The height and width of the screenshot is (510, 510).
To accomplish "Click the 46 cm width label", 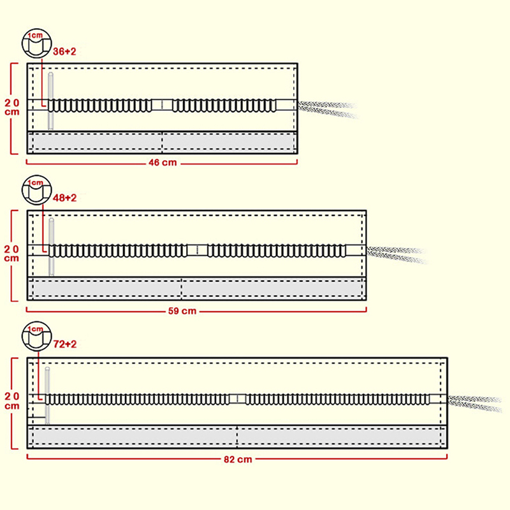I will point(162,163).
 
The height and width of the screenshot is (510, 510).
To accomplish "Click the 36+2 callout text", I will point(63,52).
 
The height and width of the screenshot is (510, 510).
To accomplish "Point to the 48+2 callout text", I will point(63,198).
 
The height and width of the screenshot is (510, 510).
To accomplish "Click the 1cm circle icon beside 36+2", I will point(34,42).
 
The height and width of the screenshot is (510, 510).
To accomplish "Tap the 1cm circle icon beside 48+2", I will point(34,189).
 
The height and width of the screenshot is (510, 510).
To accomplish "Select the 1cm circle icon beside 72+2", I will point(34,336).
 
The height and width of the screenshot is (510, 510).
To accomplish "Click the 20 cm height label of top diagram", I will point(13,106).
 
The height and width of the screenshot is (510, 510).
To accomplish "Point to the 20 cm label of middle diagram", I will point(13,252).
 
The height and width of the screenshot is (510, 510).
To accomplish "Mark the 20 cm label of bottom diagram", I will point(13,400).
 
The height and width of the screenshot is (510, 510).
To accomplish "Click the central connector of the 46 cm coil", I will point(163,105).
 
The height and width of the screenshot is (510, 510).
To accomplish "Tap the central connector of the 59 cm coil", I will point(197,250).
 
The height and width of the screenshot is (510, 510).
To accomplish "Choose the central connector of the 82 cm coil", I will point(237,399).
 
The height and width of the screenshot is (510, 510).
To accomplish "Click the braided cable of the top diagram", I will point(328,108).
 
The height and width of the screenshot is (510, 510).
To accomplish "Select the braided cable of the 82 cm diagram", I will point(475,403).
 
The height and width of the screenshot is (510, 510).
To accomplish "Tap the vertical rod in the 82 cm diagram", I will point(47,395).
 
